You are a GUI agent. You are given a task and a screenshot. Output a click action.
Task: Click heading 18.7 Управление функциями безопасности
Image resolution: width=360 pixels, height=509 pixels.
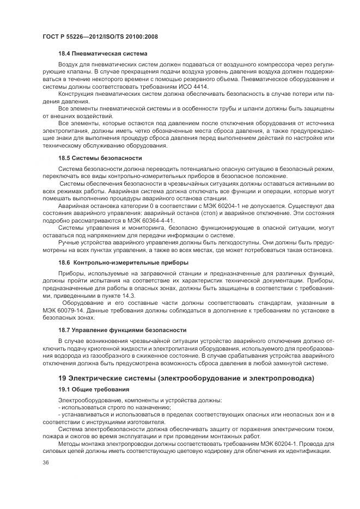[122, 330]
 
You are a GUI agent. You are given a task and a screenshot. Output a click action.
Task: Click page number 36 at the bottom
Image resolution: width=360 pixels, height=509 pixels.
[45, 463]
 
